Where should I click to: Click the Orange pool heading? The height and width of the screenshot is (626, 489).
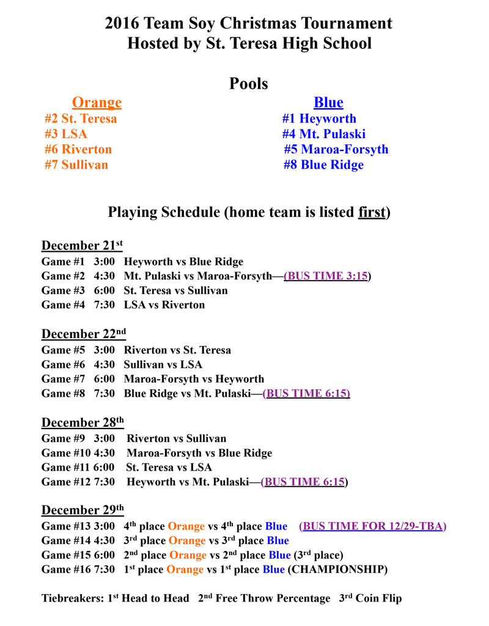[97, 103]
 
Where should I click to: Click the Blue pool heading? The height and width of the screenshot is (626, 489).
[328, 103]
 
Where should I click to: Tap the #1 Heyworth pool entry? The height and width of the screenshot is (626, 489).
[319, 119]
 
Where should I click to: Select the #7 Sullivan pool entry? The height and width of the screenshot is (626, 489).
[76, 164]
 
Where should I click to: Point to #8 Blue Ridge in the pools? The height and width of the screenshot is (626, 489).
[323, 165]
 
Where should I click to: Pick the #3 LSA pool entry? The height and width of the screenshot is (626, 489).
[66, 134]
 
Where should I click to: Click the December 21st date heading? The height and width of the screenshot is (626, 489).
[82, 246]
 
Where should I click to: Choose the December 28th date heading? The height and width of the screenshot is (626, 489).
[83, 423]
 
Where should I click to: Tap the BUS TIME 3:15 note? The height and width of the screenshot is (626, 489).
[326, 276]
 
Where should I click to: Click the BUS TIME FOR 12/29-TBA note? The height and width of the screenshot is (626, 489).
[372, 526]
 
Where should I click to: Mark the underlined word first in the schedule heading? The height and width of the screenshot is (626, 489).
[372, 213]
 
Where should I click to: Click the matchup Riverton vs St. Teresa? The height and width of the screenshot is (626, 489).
[177, 351]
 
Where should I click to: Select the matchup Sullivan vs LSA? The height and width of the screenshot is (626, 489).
[163, 365]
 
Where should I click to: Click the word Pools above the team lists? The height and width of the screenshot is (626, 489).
[249, 83]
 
